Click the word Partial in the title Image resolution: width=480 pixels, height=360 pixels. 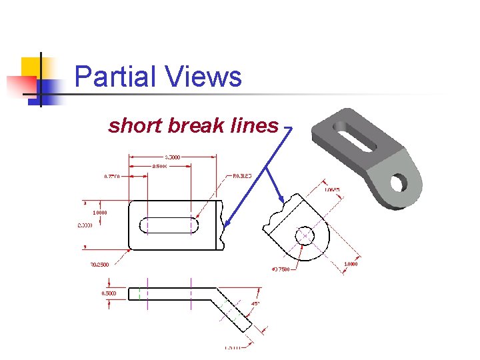click(x=115, y=77)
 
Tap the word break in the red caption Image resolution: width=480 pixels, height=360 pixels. click(x=193, y=125)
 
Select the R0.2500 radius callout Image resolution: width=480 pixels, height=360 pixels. click(x=100, y=265)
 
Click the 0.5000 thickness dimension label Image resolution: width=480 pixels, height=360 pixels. click(x=109, y=293)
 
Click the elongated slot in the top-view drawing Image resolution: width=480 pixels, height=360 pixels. click(x=171, y=225)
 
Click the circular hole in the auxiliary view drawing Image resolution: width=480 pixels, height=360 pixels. click(x=305, y=235)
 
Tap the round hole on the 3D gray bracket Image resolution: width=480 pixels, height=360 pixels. click(x=401, y=181)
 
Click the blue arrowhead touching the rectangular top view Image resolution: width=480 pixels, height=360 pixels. click(x=225, y=225)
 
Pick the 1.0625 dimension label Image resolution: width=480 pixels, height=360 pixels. click(x=332, y=191)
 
